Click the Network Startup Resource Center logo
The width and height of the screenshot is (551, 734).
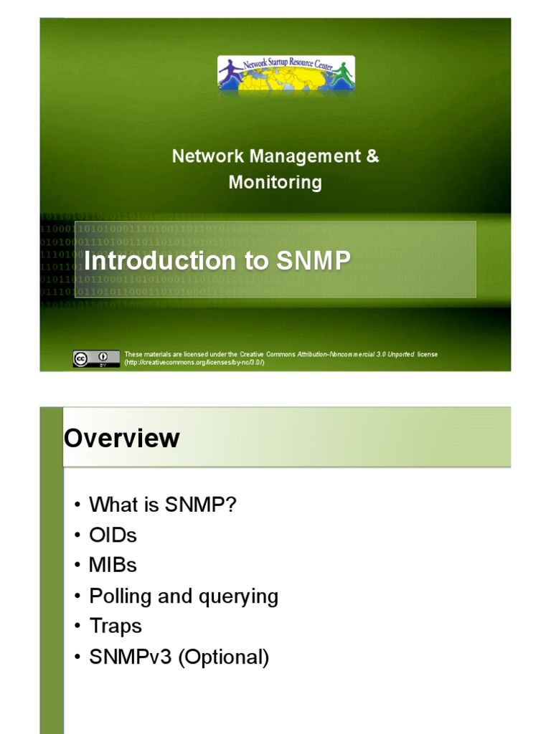tap(286, 74)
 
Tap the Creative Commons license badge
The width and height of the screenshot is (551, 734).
tap(95, 358)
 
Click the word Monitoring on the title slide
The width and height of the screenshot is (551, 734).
tap(275, 182)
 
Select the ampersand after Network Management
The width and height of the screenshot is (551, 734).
tap(372, 156)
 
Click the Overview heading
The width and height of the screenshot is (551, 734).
tap(122, 438)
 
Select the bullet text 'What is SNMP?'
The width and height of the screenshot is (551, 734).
tap(162, 505)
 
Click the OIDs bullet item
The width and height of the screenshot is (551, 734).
tap(113, 535)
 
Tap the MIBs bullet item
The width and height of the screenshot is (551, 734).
tap(113, 565)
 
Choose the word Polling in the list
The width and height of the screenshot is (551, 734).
tap(118, 596)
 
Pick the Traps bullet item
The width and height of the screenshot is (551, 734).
tap(116, 626)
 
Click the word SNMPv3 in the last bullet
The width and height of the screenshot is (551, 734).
tap(131, 657)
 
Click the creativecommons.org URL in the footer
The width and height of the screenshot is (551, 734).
tap(194, 363)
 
